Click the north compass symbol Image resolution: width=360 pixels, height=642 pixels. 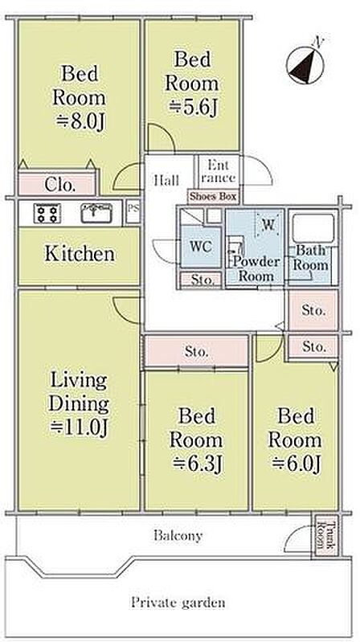(305, 64)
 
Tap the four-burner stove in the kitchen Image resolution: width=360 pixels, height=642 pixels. (47, 213)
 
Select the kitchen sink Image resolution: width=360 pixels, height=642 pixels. (96, 213)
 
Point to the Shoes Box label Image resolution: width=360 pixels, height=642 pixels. (214, 197)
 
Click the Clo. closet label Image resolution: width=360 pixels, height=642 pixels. (60, 186)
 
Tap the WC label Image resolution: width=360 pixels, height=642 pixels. (201, 247)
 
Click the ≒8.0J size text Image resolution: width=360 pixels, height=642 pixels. (81, 122)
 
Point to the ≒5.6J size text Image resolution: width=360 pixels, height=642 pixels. (193, 108)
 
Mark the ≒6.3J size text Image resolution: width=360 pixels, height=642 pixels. (196, 464)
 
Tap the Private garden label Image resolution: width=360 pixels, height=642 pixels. (178, 603)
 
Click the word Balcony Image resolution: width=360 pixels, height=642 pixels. (178, 536)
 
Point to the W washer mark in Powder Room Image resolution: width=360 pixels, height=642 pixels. (268, 224)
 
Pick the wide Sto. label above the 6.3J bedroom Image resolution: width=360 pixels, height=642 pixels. (197, 351)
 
